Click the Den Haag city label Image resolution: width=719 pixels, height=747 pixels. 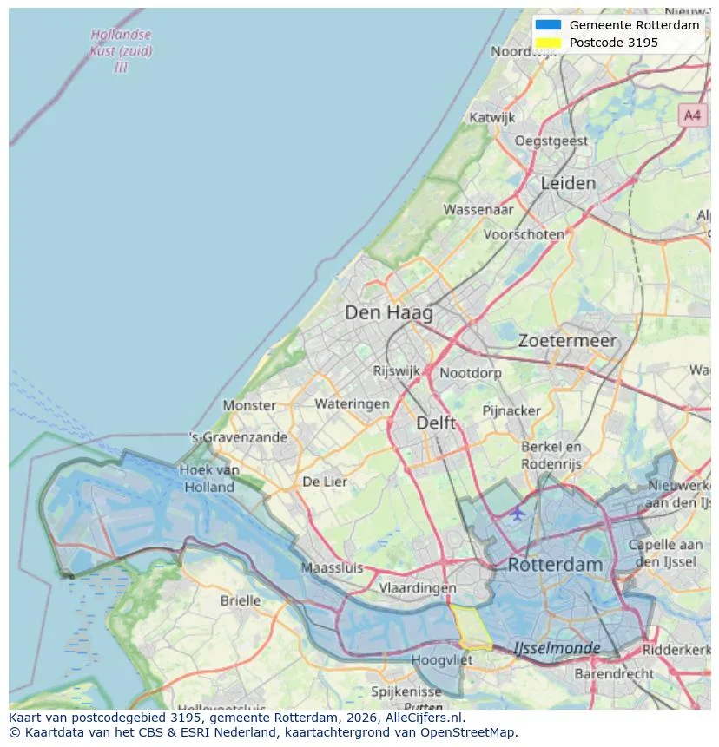[388, 312]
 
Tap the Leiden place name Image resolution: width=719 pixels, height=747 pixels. [568, 183]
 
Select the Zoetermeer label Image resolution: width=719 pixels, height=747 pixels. [567, 341]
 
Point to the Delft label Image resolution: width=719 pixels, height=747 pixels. [436, 423]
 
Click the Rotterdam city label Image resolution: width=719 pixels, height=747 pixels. [554, 564]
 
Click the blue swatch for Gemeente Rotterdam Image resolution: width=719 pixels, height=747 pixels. [548, 25]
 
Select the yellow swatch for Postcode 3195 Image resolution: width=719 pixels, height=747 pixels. [548, 43]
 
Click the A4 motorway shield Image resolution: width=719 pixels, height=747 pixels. [691, 115]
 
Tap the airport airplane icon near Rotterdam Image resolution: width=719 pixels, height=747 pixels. [518, 513]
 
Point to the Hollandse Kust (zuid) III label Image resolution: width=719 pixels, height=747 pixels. [121, 50]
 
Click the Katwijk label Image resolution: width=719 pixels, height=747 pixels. [491, 117]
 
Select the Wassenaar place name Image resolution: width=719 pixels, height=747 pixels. [478, 209]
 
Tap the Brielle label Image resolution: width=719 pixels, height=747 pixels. [241, 600]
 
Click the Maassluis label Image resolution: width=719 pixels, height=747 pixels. [332, 568]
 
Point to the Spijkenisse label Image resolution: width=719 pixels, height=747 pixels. [406, 691]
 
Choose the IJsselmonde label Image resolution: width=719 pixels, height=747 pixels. [557, 648]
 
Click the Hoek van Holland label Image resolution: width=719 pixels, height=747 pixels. [209, 478]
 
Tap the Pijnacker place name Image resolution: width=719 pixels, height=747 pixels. [511, 410]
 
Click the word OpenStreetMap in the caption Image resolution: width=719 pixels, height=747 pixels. [470, 731]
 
